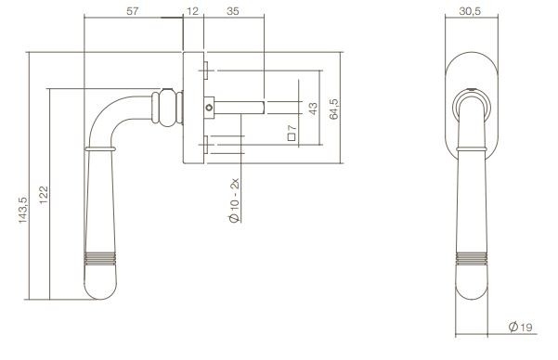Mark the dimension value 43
coord(312,109)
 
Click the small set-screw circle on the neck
coord(209,108)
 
